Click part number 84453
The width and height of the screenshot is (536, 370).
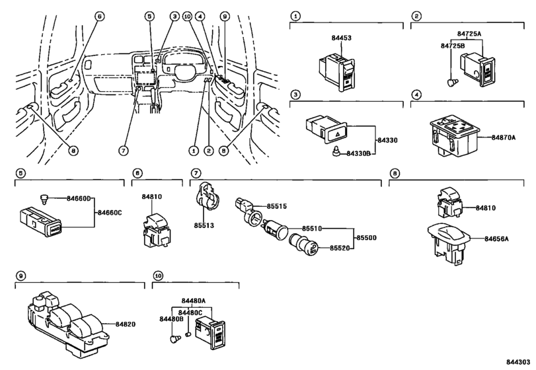pyautogui.click(x=341, y=38)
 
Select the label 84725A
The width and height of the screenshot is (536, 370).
pyautogui.click(x=469, y=34)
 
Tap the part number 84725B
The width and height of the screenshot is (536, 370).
pyautogui.click(x=452, y=46)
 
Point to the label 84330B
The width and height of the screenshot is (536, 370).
pyautogui.click(x=358, y=153)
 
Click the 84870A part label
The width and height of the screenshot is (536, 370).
pyautogui.click(x=504, y=137)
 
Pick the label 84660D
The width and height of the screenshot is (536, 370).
pyautogui.click(x=78, y=198)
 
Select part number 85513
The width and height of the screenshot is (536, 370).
pyautogui.click(x=204, y=225)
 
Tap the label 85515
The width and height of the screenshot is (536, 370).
pyautogui.click(x=276, y=206)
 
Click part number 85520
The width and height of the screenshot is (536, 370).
pyautogui.click(x=340, y=248)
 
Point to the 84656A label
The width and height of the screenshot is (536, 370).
pyautogui.click(x=496, y=239)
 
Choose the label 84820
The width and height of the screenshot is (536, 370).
pyautogui.click(x=125, y=324)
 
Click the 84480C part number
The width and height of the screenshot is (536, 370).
pyautogui.click(x=190, y=313)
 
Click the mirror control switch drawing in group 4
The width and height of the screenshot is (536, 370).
pyautogui.click(x=454, y=135)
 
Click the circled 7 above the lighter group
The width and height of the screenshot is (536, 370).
pyautogui.click(x=196, y=173)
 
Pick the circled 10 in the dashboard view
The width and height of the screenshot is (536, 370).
pyautogui.click(x=187, y=16)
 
